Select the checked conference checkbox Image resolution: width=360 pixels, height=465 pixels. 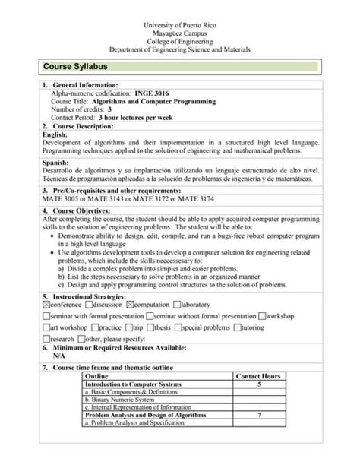[x=46, y=304]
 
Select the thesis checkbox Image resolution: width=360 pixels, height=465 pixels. [x=150, y=327]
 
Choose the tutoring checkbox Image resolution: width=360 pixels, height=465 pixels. [x=236, y=327]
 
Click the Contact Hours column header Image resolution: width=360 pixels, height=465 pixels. [x=258, y=376]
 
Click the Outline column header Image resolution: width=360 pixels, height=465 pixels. [x=97, y=376]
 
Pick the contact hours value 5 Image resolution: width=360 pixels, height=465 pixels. [x=260, y=384]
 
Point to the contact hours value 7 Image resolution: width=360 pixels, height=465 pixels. [x=260, y=416]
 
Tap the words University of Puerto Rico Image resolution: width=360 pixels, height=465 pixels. [x=180, y=26]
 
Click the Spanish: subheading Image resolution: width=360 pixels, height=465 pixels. [x=56, y=163]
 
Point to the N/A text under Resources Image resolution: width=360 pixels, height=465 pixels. [x=58, y=355]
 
